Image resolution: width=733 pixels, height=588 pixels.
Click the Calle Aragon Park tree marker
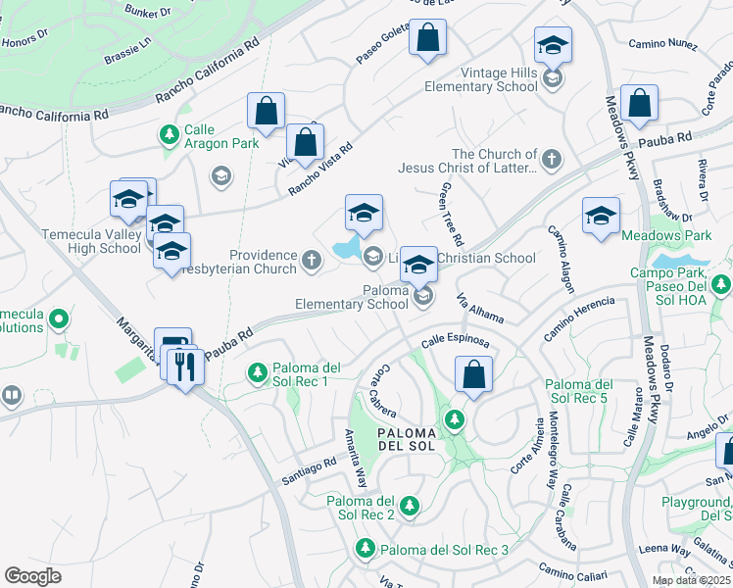click(x=170, y=133)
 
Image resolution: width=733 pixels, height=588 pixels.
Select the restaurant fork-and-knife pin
click(x=185, y=367)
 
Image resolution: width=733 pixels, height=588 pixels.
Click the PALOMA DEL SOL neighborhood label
click(x=411, y=440)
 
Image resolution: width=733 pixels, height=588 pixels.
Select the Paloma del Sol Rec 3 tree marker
click(x=365, y=549)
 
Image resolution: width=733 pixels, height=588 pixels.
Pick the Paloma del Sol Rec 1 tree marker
click(x=257, y=373)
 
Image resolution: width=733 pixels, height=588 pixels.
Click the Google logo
click(x=32, y=576)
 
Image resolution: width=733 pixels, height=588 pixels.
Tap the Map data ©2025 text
click(x=691, y=580)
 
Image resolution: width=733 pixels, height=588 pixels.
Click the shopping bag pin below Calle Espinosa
click(x=473, y=375)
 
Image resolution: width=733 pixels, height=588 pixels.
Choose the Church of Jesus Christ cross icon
click(x=552, y=158)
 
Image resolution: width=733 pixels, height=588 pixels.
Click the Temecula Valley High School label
click(x=91, y=241)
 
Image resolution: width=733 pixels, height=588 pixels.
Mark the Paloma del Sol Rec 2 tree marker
click(x=409, y=506)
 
